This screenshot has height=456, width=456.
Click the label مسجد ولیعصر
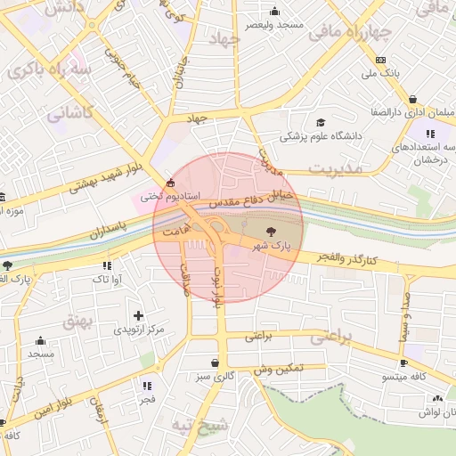click(x=275, y=24)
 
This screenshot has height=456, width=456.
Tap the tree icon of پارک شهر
click(x=273, y=230)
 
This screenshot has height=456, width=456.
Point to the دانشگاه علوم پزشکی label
click(x=321, y=136)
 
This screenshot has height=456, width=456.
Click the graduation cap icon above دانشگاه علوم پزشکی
click(x=321, y=123)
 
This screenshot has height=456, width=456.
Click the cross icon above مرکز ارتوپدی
click(x=138, y=314)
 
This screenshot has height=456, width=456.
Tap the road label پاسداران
click(x=108, y=231)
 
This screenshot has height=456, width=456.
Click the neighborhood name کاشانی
click(x=69, y=113)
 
